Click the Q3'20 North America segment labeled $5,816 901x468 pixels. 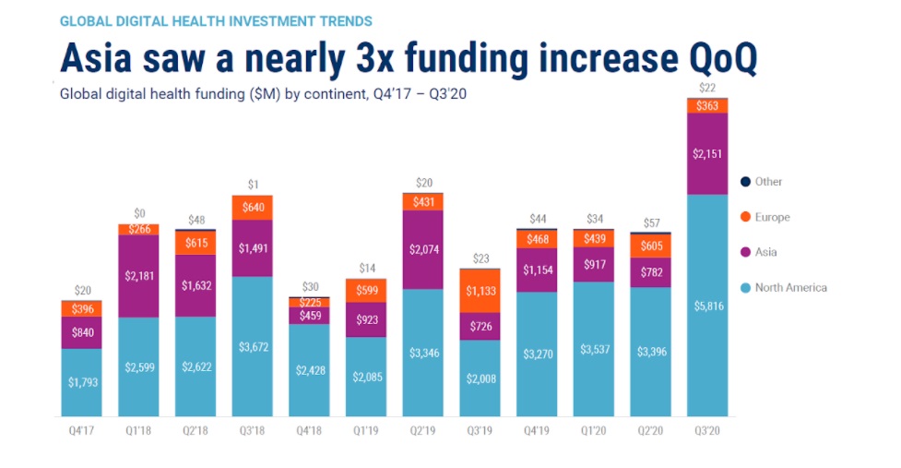pos(707,305)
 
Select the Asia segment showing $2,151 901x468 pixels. pos(707,153)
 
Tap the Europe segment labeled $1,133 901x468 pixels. pos(480,291)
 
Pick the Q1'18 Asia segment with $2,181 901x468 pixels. pos(138,276)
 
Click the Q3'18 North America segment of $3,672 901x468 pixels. pos(252,346)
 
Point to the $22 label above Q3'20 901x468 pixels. pos(707,88)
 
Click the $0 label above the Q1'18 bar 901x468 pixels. pos(138,213)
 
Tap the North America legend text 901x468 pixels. pos(790,287)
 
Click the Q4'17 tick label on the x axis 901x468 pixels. pos(82,430)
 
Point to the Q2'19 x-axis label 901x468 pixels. pos(422,430)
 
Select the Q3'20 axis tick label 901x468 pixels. pos(707,430)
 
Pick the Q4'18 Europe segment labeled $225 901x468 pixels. pos(309,302)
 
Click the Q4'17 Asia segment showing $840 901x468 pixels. pos(82,332)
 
